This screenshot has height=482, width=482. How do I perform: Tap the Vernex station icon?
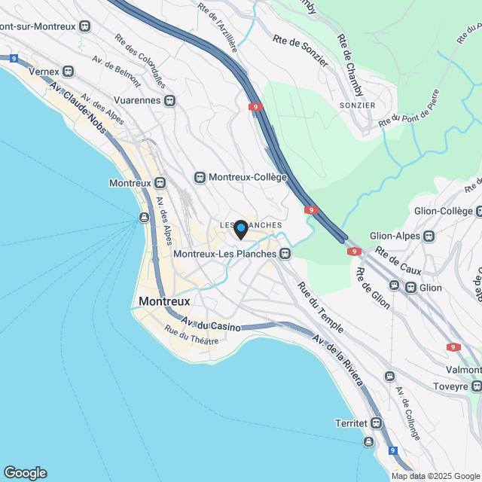69,72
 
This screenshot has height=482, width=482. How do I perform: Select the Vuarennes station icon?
171,99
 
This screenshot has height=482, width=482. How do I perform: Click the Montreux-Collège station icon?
200,177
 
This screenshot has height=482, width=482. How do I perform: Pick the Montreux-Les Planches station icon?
285,254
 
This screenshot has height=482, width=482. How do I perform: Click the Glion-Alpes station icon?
429,236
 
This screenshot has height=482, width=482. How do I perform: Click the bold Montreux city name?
164,301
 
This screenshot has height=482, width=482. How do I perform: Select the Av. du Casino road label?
211,325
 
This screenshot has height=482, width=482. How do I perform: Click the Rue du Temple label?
320,308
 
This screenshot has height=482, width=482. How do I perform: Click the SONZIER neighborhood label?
357,105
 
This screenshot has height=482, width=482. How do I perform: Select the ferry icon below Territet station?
370,441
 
